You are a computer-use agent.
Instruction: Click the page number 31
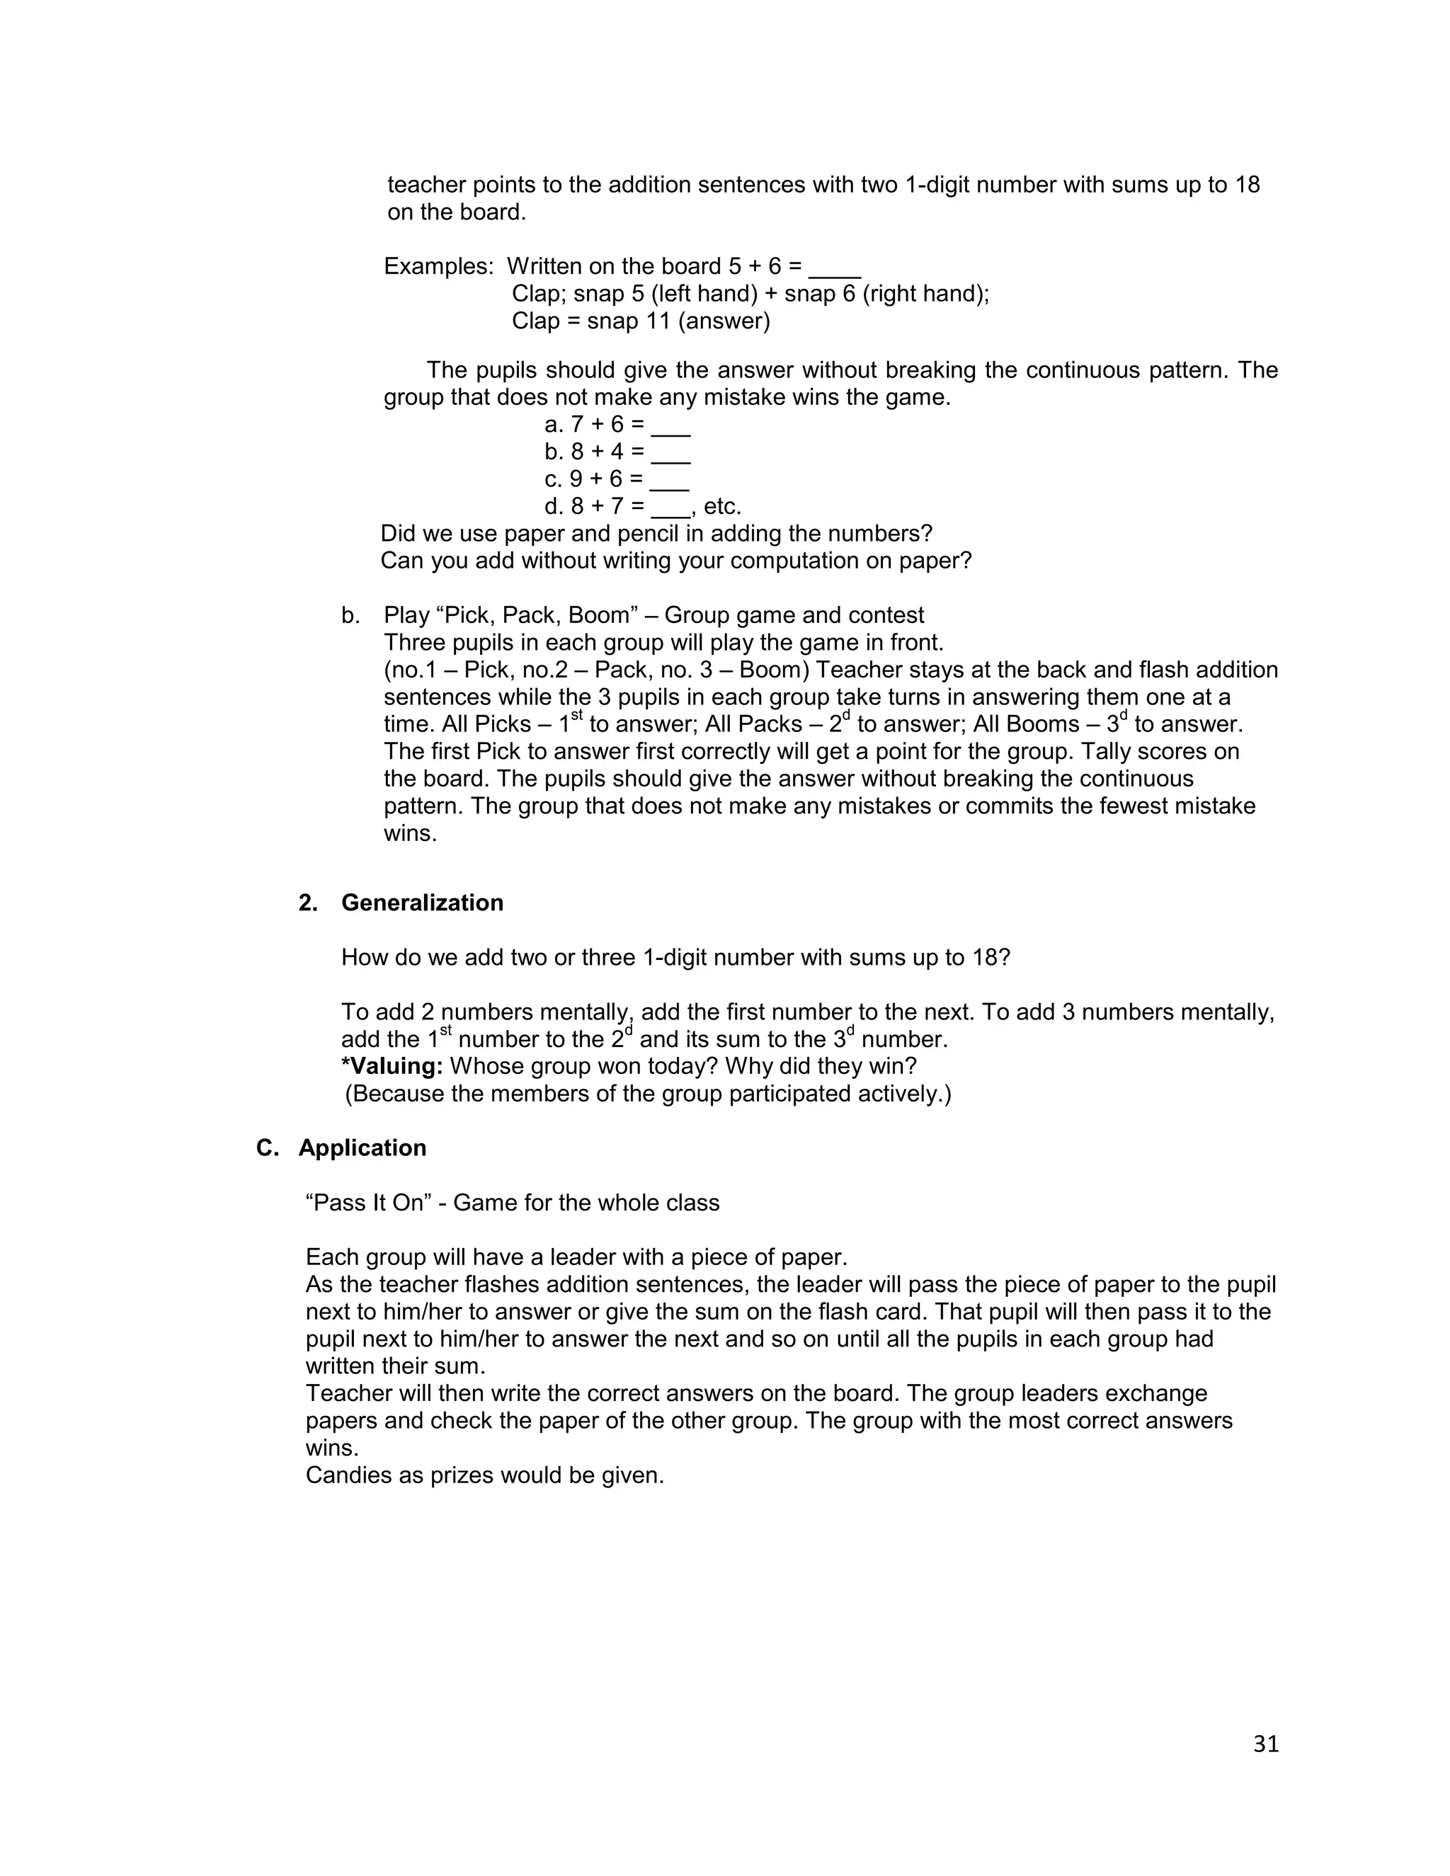tap(1265, 1743)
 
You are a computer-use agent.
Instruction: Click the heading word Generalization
tap(422, 903)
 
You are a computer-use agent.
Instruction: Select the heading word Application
tap(362, 1148)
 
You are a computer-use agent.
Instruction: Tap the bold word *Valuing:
tap(392, 1066)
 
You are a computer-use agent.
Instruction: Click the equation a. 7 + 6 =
tap(595, 424)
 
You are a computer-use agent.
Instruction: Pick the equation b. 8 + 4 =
tap(595, 452)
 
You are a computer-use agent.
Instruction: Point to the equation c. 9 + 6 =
tap(595, 479)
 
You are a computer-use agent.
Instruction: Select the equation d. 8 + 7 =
tap(595, 506)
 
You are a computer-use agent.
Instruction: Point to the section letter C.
tap(266, 1148)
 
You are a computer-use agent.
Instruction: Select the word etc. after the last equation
tap(721, 507)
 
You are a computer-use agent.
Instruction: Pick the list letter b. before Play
tap(350, 616)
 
